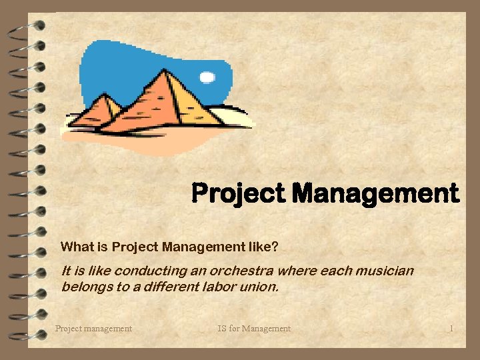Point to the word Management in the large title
coord(375,193)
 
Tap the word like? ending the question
coord(265,247)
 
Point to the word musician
coord(387,271)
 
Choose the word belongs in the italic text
coord(83,287)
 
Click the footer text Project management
coord(93,328)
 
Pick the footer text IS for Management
coord(254,328)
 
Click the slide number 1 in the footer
coord(451,328)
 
